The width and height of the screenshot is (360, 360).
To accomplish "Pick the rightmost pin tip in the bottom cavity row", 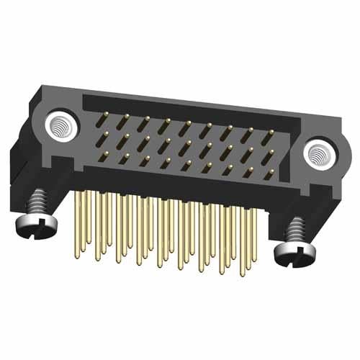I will click(268, 174).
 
